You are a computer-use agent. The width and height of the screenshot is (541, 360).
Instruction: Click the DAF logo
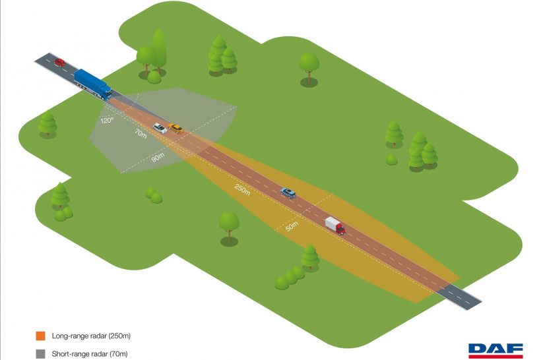[x=495, y=351]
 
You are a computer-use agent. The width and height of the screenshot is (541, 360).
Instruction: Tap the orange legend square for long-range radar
[x=40, y=336]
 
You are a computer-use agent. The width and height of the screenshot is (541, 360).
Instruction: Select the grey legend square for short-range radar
[x=40, y=354]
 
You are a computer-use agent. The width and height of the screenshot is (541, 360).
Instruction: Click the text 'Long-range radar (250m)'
[x=91, y=336]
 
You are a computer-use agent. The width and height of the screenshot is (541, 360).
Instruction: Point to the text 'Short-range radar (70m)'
[x=90, y=354]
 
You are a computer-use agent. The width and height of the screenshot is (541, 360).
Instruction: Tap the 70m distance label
[x=141, y=134]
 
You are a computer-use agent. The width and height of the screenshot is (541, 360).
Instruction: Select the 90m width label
[x=158, y=158]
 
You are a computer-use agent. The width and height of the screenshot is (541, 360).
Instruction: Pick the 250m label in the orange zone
[x=242, y=190]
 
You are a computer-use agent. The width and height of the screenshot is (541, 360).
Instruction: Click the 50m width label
[x=292, y=226]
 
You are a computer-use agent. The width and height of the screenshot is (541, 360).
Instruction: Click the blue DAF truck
[x=93, y=84]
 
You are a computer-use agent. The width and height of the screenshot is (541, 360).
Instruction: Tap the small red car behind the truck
[x=59, y=63]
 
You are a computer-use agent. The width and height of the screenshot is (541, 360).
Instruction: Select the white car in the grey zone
[x=160, y=129]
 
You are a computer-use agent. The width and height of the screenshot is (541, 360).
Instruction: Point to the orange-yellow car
[x=175, y=129]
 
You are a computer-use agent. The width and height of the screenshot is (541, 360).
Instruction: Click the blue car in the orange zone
[x=288, y=193]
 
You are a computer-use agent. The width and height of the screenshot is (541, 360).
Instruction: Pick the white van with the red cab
[x=335, y=225]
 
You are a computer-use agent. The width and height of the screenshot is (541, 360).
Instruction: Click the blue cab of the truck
[x=105, y=92]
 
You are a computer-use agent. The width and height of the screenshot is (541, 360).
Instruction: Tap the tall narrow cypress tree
[x=159, y=51]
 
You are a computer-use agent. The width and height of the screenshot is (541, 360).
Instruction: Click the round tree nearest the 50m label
[x=229, y=225]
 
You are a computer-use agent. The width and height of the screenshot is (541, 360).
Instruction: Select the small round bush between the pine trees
[x=392, y=160]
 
